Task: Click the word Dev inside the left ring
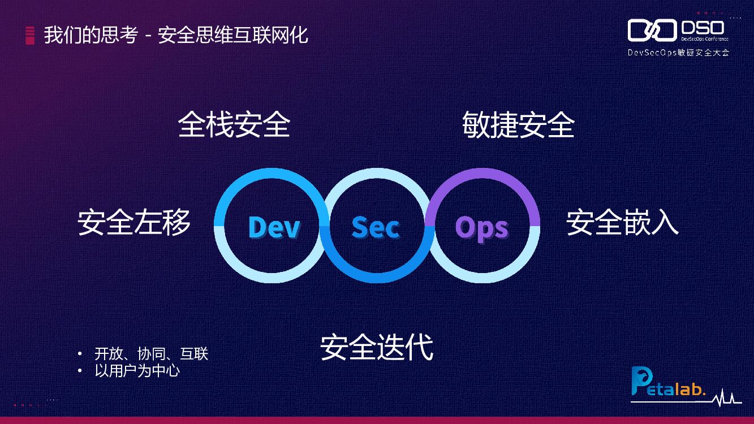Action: point(274,227)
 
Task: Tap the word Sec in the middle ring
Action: point(376,227)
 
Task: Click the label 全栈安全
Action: point(234,124)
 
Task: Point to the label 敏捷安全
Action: point(518,124)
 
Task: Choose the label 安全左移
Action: point(134,222)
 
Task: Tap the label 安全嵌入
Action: point(622,222)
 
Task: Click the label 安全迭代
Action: point(377,347)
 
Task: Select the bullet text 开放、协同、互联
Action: point(152,354)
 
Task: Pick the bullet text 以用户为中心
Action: point(137,371)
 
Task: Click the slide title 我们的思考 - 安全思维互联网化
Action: point(176,35)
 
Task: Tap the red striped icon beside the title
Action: point(30,35)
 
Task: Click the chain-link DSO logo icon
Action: point(652,31)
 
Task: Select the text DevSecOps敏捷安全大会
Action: point(678,52)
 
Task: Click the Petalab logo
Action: point(667,384)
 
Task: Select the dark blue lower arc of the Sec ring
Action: point(377,278)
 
